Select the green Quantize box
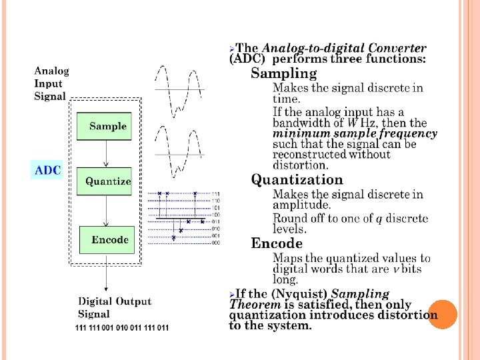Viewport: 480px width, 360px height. coord(105,181)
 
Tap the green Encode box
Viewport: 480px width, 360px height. coord(107,240)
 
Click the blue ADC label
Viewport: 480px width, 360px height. coord(47,170)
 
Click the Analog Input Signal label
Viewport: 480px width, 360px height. coord(51,83)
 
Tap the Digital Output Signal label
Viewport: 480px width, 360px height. coord(115,307)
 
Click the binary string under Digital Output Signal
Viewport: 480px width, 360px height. coord(122,328)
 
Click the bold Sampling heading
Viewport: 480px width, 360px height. coord(283,73)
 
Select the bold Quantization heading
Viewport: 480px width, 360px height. coord(297,179)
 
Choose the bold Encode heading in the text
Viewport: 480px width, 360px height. coord(277,243)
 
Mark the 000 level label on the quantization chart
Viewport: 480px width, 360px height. coord(215,243)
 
